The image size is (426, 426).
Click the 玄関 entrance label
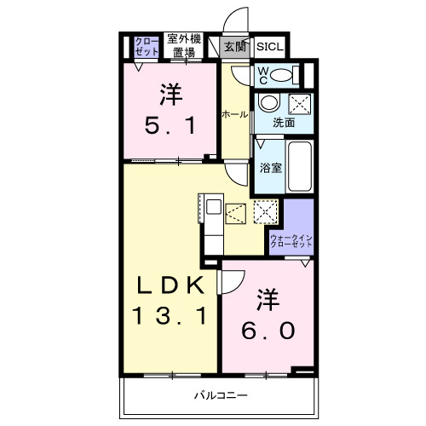[233, 48]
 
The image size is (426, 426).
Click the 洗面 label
[284, 124]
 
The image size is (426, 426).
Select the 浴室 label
[270, 167]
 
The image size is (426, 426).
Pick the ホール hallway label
[234, 113]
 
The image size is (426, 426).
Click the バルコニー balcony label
[220, 395]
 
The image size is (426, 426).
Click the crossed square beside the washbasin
[299, 105]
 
